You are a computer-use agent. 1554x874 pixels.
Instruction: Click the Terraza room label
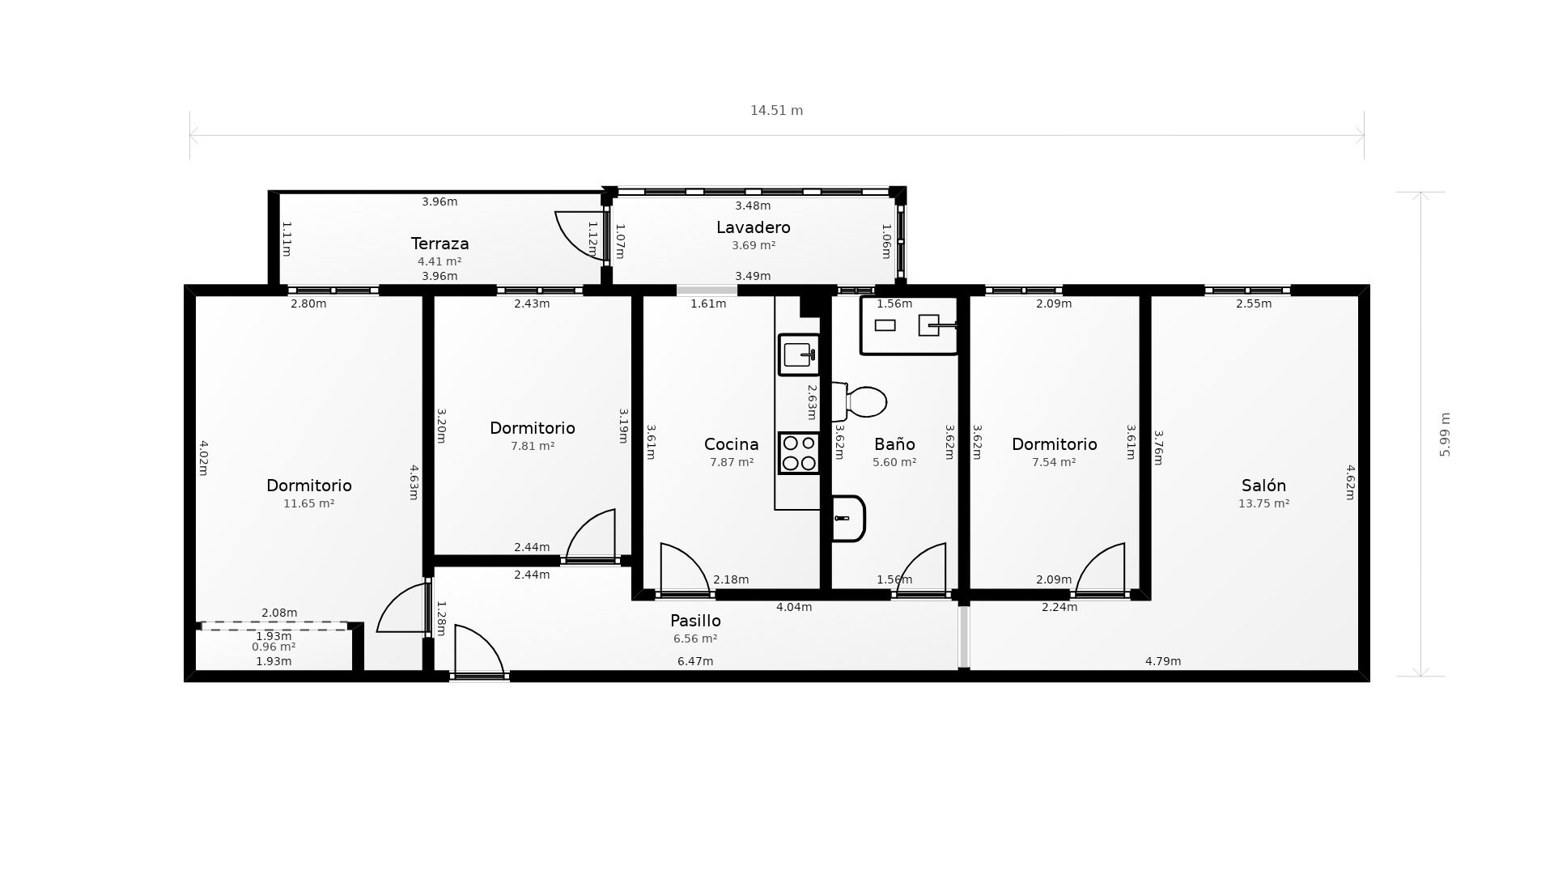(x=439, y=244)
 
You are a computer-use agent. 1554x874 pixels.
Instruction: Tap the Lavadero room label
(x=753, y=227)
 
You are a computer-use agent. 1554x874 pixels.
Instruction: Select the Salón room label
(x=1263, y=486)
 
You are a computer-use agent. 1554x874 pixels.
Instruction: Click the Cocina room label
(x=731, y=444)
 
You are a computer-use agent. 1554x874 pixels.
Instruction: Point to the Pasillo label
(x=695, y=621)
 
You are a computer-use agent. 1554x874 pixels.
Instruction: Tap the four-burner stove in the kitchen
(x=799, y=453)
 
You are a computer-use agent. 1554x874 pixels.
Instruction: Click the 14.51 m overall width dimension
(x=776, y=111)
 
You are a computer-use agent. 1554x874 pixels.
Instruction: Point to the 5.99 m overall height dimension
(x=1445, y=435)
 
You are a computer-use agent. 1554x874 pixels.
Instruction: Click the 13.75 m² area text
(x=1263, y=503)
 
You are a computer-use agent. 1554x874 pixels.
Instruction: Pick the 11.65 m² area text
(x=308, y=503)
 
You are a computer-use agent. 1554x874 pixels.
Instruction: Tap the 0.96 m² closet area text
(x=274, y=647)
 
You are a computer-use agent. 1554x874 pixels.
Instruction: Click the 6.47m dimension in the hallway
(x=695, y=661)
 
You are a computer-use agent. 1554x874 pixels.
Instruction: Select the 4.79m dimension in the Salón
(x=1162, y=661)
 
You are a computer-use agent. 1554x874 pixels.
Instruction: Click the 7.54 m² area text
(x=1053, y=462)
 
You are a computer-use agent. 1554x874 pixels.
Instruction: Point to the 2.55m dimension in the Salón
(x=1253, y=304)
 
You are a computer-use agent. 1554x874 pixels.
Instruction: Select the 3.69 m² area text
(x=753, y=245)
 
